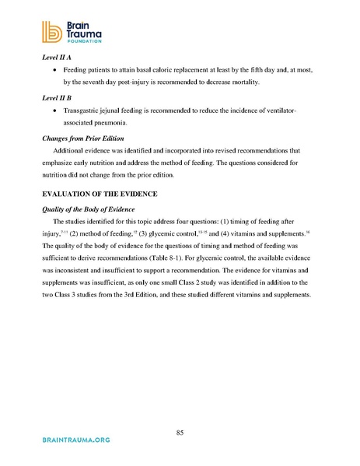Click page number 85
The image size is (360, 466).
click(180, 433)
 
